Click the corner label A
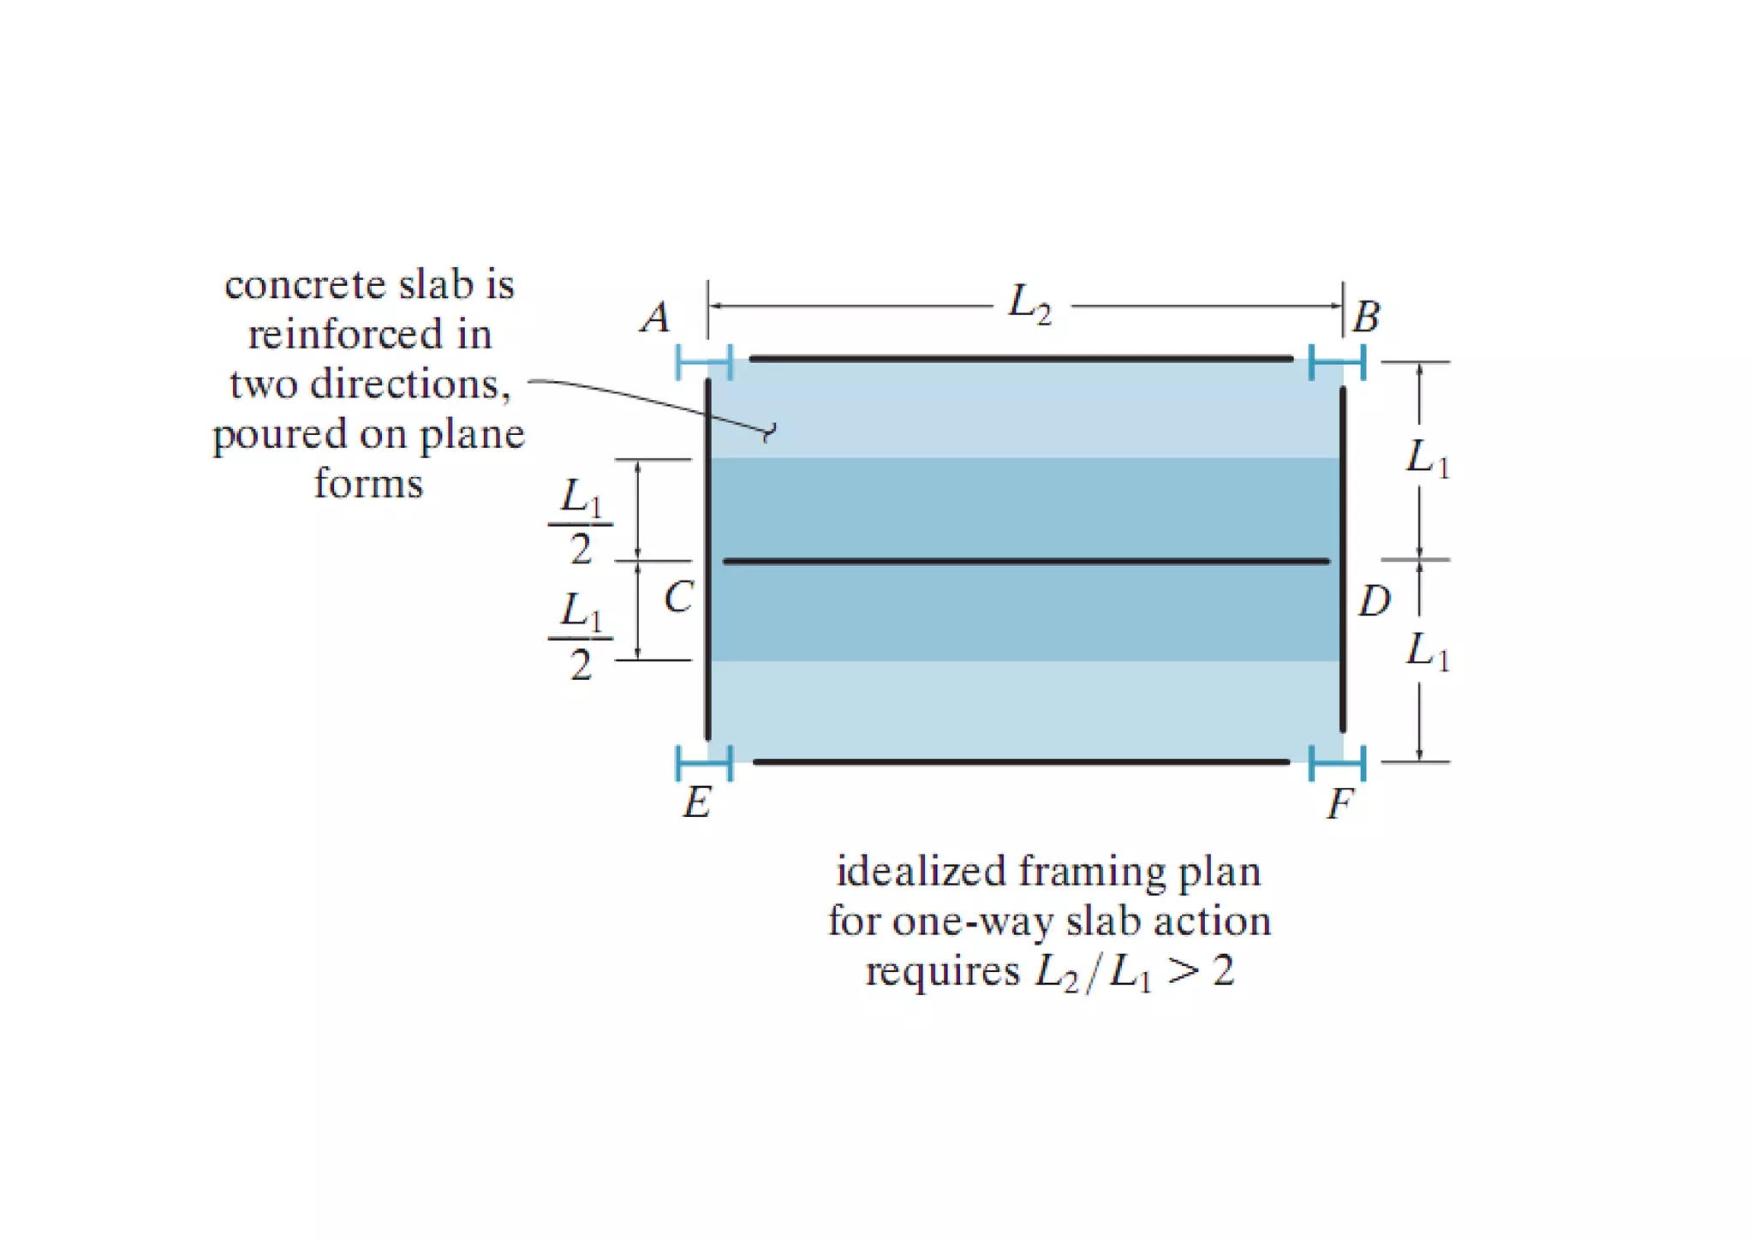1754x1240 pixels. pos(656,318)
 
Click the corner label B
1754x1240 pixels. pos(1366,317)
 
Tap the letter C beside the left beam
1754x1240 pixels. pos(678,598)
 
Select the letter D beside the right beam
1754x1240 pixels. pos(1375,601)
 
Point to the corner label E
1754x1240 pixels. pos(696,803)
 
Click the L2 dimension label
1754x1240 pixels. pos(1029,305)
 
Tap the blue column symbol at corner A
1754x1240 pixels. pos(704,362)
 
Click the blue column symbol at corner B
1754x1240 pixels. pos(1337,362)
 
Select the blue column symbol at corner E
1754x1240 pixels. pos(704,762)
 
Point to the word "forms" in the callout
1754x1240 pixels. pos(368,484)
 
